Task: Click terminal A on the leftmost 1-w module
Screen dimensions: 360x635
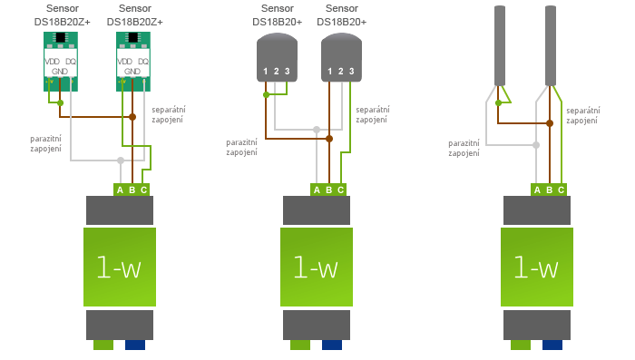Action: [x=120, y=190]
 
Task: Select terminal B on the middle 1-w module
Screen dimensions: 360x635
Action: [x=328, y=190]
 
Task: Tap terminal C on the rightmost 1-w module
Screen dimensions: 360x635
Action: [x=561, y=190]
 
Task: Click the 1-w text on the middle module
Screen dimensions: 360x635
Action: [x=316, y=267]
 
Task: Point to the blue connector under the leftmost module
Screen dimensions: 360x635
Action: [x=135, y=345]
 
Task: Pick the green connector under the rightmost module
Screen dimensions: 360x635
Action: [x=521, y=345]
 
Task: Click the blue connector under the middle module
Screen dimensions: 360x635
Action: [x=332, y=345]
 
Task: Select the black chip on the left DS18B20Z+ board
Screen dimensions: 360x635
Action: [x=61, y=37]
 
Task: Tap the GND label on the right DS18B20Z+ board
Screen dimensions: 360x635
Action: [x=132, y=71]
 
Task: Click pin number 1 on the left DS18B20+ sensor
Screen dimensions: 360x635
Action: [x=265, y=71]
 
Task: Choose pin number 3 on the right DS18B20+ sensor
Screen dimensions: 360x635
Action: [x=351, y=71]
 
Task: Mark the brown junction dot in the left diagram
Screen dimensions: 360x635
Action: [x=132, y=116]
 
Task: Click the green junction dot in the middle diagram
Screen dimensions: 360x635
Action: [x=266, y=94]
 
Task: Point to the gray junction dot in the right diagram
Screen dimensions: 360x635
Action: [x=536, y=144]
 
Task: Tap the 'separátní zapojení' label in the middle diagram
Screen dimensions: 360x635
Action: [x=372, y=114]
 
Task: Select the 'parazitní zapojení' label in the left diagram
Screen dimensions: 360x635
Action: [x=45, y=143]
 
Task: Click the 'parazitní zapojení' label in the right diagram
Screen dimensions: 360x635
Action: [x=464, y=148]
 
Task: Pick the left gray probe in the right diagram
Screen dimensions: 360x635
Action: [x=499, y=45]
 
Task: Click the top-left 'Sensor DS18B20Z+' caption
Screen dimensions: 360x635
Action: [x=62, y=14]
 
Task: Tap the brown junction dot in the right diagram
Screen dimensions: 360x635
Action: [x=549, y=122]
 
